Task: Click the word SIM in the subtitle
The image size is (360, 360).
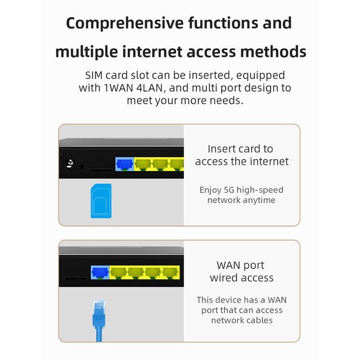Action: tap(96, 75)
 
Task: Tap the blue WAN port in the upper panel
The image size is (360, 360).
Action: tap(123, 164)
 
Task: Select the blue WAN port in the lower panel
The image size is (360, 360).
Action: tap(100, 273)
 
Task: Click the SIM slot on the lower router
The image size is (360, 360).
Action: tap(75, 277)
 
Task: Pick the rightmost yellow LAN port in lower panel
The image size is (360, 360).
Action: tap(170, 273)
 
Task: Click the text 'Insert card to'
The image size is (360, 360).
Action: tap(240, 148)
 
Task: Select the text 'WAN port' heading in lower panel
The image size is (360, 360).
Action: tap(240, 265)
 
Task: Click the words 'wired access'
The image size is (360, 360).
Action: tap(241, 277)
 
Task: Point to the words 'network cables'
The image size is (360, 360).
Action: tap(242, 320)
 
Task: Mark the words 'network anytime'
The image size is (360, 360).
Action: tap(241, 200)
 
